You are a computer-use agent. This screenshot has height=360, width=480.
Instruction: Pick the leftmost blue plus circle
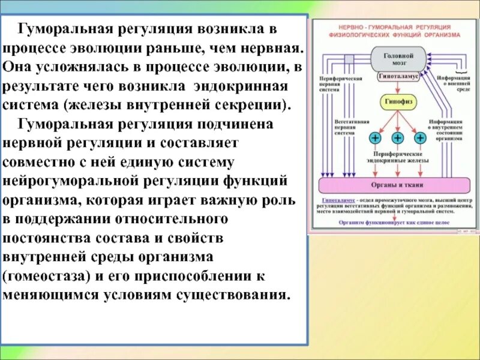376,138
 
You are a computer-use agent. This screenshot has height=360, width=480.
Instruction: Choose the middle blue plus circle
398,138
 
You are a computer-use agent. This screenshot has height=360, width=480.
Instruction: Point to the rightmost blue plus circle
420,138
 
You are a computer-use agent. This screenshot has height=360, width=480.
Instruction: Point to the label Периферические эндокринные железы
397,158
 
